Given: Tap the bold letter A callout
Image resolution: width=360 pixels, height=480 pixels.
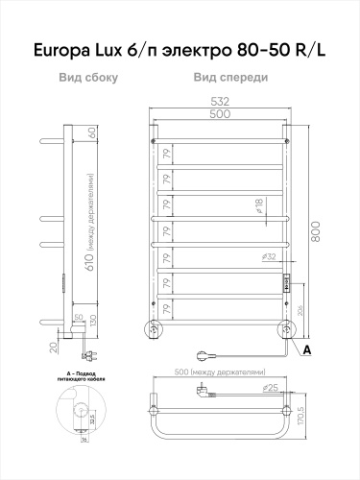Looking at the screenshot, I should (308, 350).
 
